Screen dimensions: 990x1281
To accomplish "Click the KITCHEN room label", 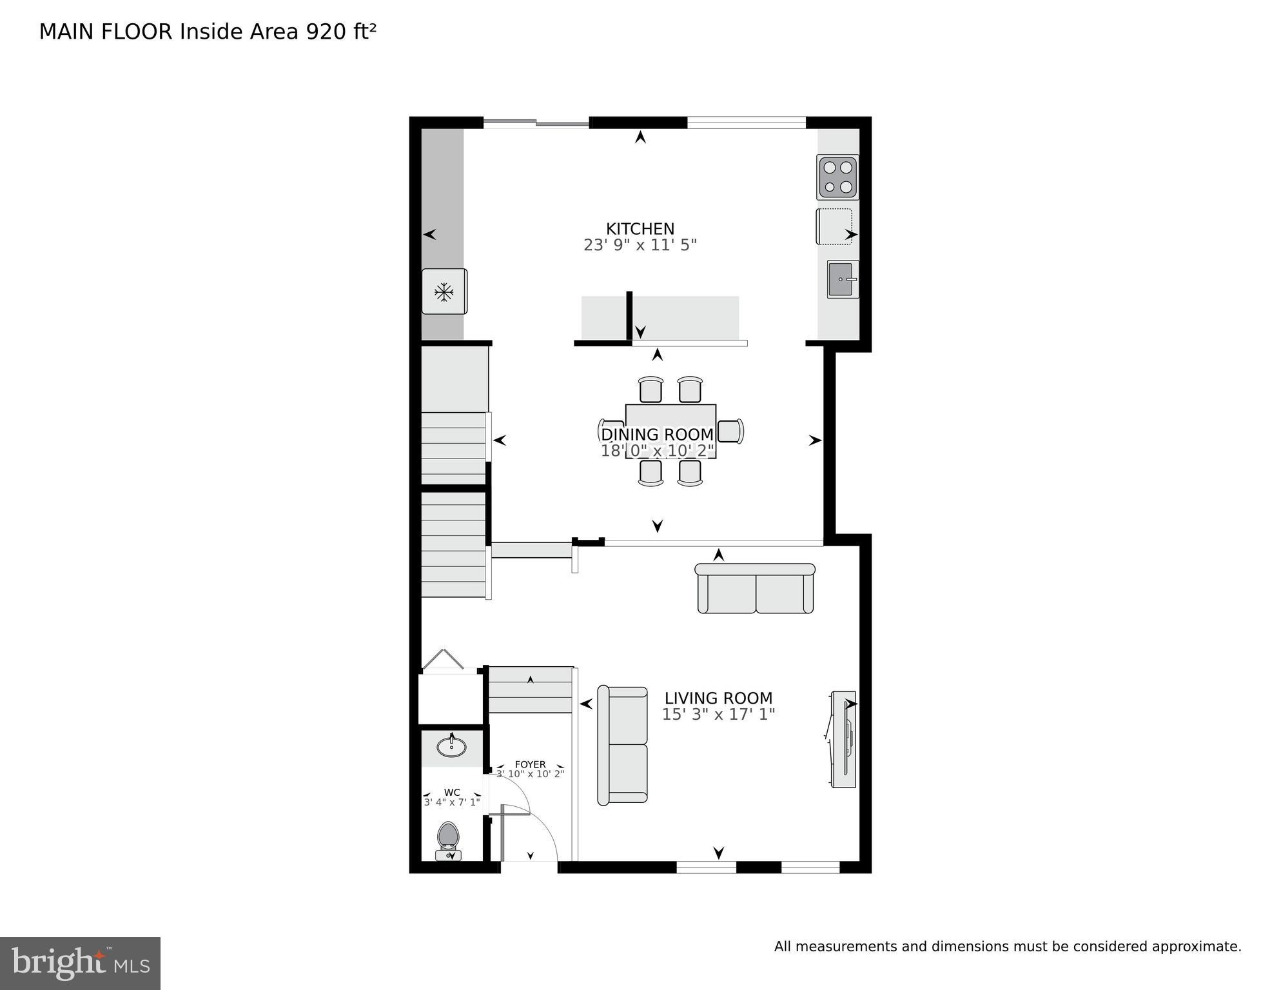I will [640, 229].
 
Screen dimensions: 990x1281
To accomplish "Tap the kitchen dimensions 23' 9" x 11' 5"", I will [640, 246].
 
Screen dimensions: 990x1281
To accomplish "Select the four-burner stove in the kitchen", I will [837, 177].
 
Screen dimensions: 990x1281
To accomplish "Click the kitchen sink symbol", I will [842, 279].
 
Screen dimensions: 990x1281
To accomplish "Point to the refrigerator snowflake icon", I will [444, 292].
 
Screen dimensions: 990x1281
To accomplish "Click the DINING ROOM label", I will [657, 435].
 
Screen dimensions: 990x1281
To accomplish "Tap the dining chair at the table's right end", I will [730, 431].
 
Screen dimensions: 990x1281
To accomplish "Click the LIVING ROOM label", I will [718, 698].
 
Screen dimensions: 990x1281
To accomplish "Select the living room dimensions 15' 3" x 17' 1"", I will [718, 715].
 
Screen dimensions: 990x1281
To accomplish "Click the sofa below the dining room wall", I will [755, 589].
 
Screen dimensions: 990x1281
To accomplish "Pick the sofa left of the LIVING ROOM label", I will [623, 746].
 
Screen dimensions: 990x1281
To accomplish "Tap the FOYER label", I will [530, 764].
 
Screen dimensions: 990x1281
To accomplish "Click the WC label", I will [452, 793].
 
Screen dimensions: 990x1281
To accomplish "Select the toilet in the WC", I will [447, 838].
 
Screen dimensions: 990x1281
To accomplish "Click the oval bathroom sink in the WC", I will [451, 747].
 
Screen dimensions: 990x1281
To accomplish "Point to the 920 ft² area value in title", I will [340, 32].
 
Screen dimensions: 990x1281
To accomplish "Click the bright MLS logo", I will [80, 963].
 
